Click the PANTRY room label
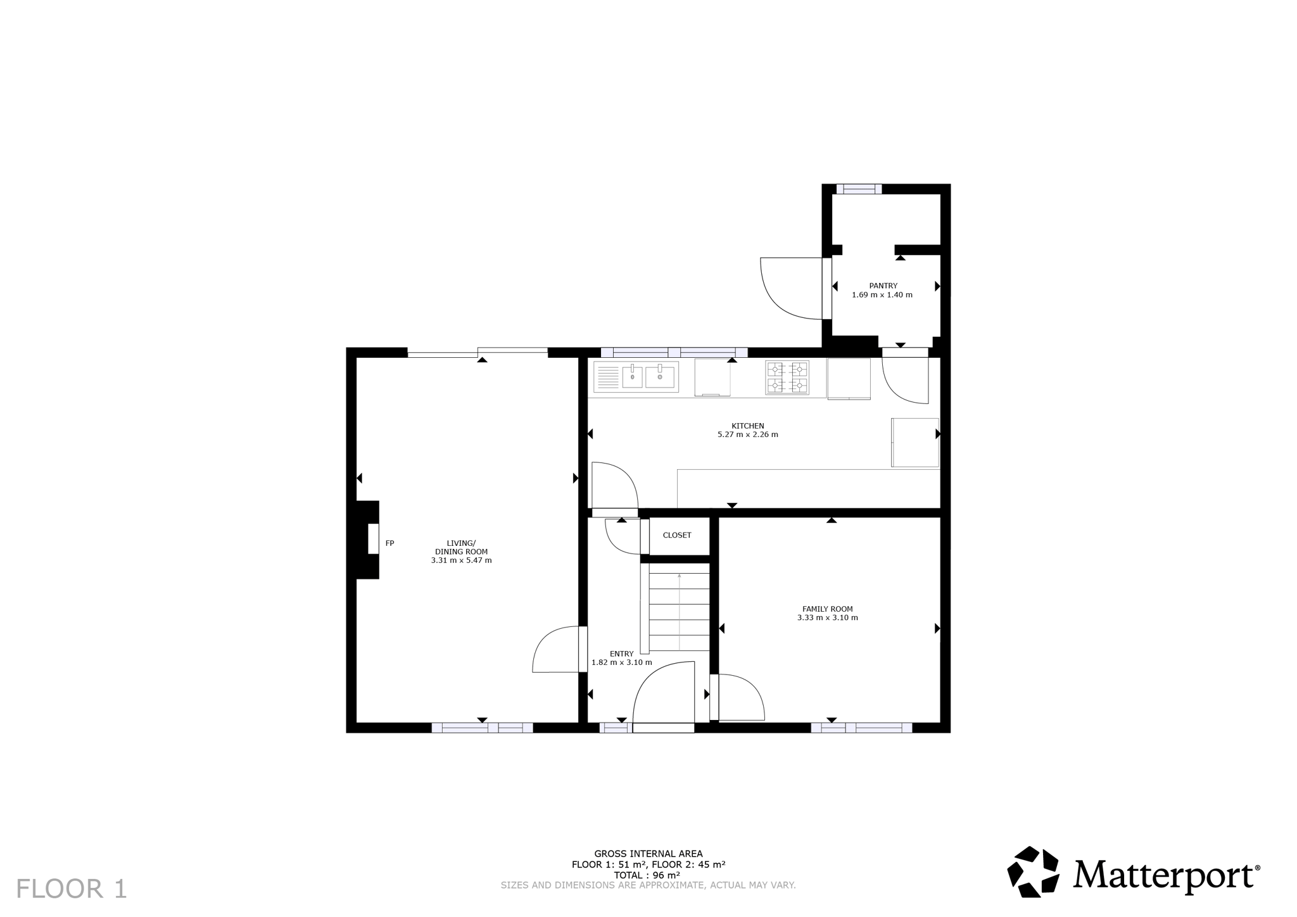(883, 286)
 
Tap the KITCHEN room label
(748, 426)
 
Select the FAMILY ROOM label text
(828, 609)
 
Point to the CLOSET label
(677, 535)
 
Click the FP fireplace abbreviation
(390, 543)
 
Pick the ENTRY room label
(621, 654)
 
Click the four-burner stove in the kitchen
(787, 378)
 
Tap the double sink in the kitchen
(636, 377)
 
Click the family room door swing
(754, 687)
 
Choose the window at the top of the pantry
(859, 189)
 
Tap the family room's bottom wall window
(861, 728)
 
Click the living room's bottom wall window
(482, 728)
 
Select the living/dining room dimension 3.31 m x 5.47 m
(461, 560)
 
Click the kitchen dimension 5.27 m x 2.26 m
(748, 434)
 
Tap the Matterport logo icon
(1033, 871)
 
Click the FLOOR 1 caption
(72, 889)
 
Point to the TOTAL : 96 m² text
(647, 875)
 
